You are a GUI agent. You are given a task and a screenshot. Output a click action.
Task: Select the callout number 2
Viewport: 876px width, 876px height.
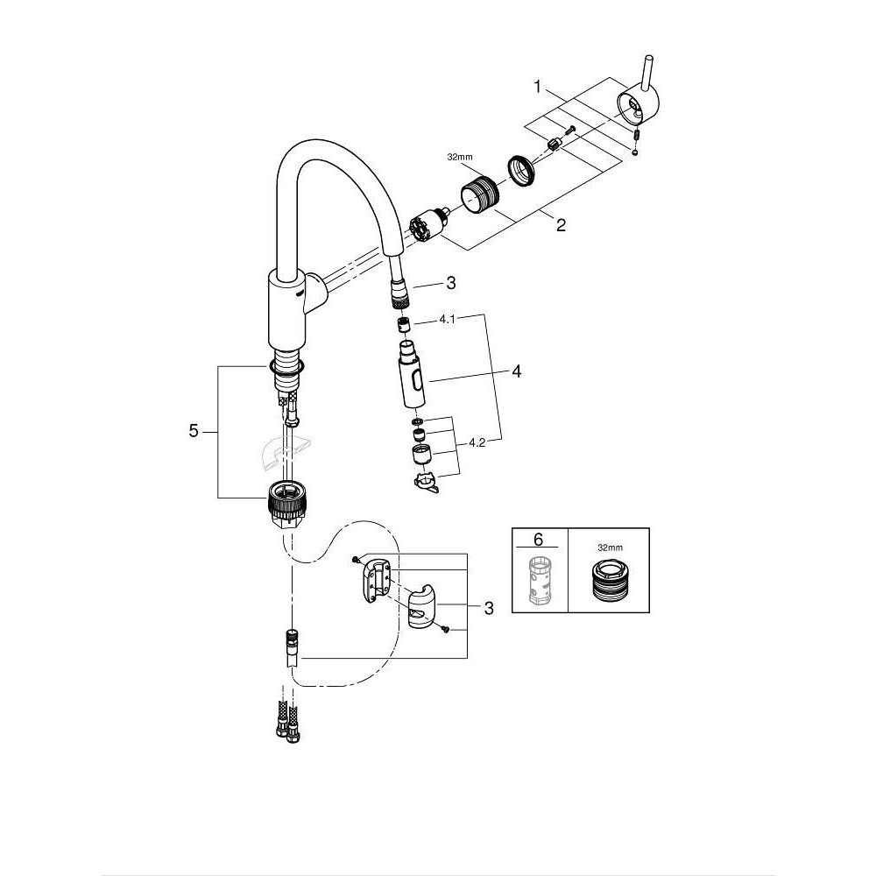561,225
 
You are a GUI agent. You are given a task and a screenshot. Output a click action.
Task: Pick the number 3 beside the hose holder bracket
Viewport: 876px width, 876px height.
489,608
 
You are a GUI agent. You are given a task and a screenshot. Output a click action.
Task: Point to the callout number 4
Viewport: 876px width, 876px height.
516,372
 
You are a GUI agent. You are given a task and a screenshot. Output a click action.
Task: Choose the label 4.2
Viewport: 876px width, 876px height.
477,443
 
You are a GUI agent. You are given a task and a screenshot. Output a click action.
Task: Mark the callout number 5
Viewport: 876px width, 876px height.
194,432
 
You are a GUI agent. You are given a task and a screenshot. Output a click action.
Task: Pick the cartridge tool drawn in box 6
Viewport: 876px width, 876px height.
539,580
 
